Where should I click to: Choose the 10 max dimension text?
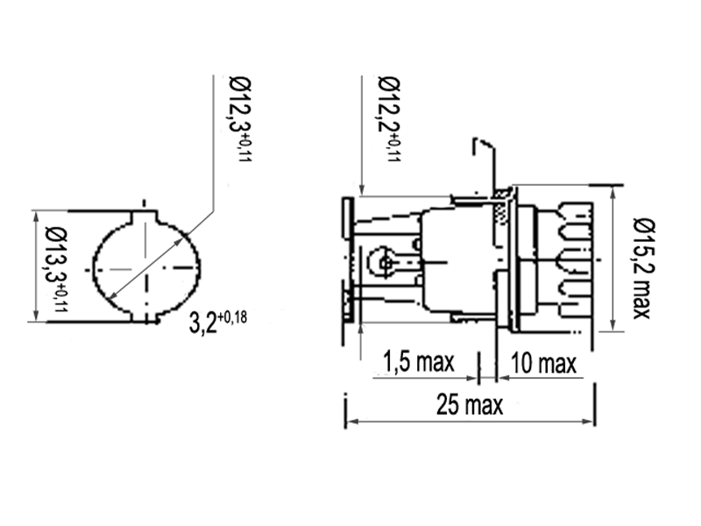(x=544, y=361)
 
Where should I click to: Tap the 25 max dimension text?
(x=470, y=405)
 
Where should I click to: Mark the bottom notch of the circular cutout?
(x=145, y=317)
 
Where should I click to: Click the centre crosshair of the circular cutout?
(x=145, y=266)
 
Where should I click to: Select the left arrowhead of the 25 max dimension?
(x=351, y=422)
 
